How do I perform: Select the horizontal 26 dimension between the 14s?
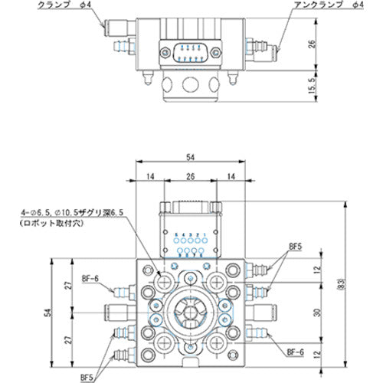point(190,177)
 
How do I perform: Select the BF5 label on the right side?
point(295,247)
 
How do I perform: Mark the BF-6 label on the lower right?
point(295,353)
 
